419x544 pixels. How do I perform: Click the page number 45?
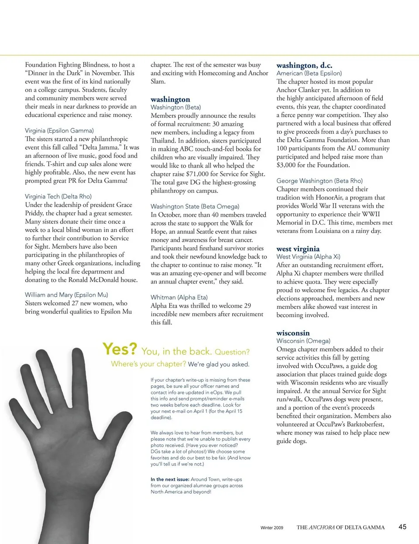402,527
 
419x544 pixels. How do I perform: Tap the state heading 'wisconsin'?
293,333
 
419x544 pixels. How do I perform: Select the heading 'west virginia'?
298,249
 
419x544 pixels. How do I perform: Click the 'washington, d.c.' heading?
304,65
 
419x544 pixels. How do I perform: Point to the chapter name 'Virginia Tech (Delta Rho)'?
58,196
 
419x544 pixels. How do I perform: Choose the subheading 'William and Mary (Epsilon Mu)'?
66,294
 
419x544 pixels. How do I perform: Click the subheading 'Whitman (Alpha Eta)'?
179,297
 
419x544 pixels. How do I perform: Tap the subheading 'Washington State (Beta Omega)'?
195,206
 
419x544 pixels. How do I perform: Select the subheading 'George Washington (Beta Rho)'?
319,181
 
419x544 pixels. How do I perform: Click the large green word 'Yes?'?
120,349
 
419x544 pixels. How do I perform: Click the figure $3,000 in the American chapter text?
286,165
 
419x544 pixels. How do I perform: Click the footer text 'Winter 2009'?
271,527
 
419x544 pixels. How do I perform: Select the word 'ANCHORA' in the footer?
322,527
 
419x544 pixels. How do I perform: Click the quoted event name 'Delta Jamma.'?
96,147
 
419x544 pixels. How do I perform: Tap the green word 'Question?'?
232,352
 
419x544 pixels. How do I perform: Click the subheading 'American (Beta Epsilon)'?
309,73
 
